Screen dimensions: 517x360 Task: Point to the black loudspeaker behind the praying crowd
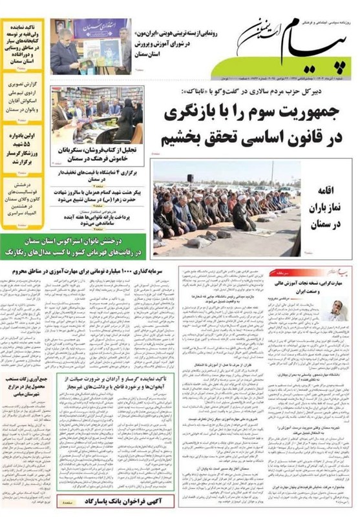click(x=190, y=177)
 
